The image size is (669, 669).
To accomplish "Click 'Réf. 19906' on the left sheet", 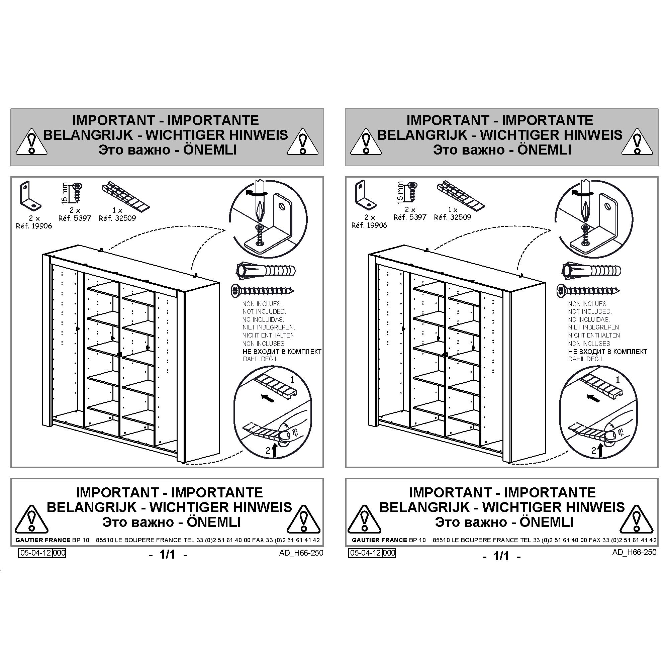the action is point(34,226).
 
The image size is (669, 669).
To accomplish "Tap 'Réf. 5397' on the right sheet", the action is point(410,217).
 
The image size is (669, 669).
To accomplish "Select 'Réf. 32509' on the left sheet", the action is point(117,218).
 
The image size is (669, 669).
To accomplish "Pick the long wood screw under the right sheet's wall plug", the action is point(588,290).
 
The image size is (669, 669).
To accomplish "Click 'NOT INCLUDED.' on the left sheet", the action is point(264,312).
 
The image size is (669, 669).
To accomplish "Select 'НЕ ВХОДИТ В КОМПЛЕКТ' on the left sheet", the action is point(282,352).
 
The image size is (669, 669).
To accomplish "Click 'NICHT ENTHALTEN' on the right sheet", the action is point(594,335).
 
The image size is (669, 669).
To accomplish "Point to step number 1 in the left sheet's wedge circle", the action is point(292,380).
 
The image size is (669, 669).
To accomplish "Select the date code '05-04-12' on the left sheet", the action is point(35,553).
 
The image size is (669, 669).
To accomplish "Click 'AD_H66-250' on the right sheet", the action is point(634,552).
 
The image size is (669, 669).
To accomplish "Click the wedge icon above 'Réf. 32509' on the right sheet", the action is point(461,196).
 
